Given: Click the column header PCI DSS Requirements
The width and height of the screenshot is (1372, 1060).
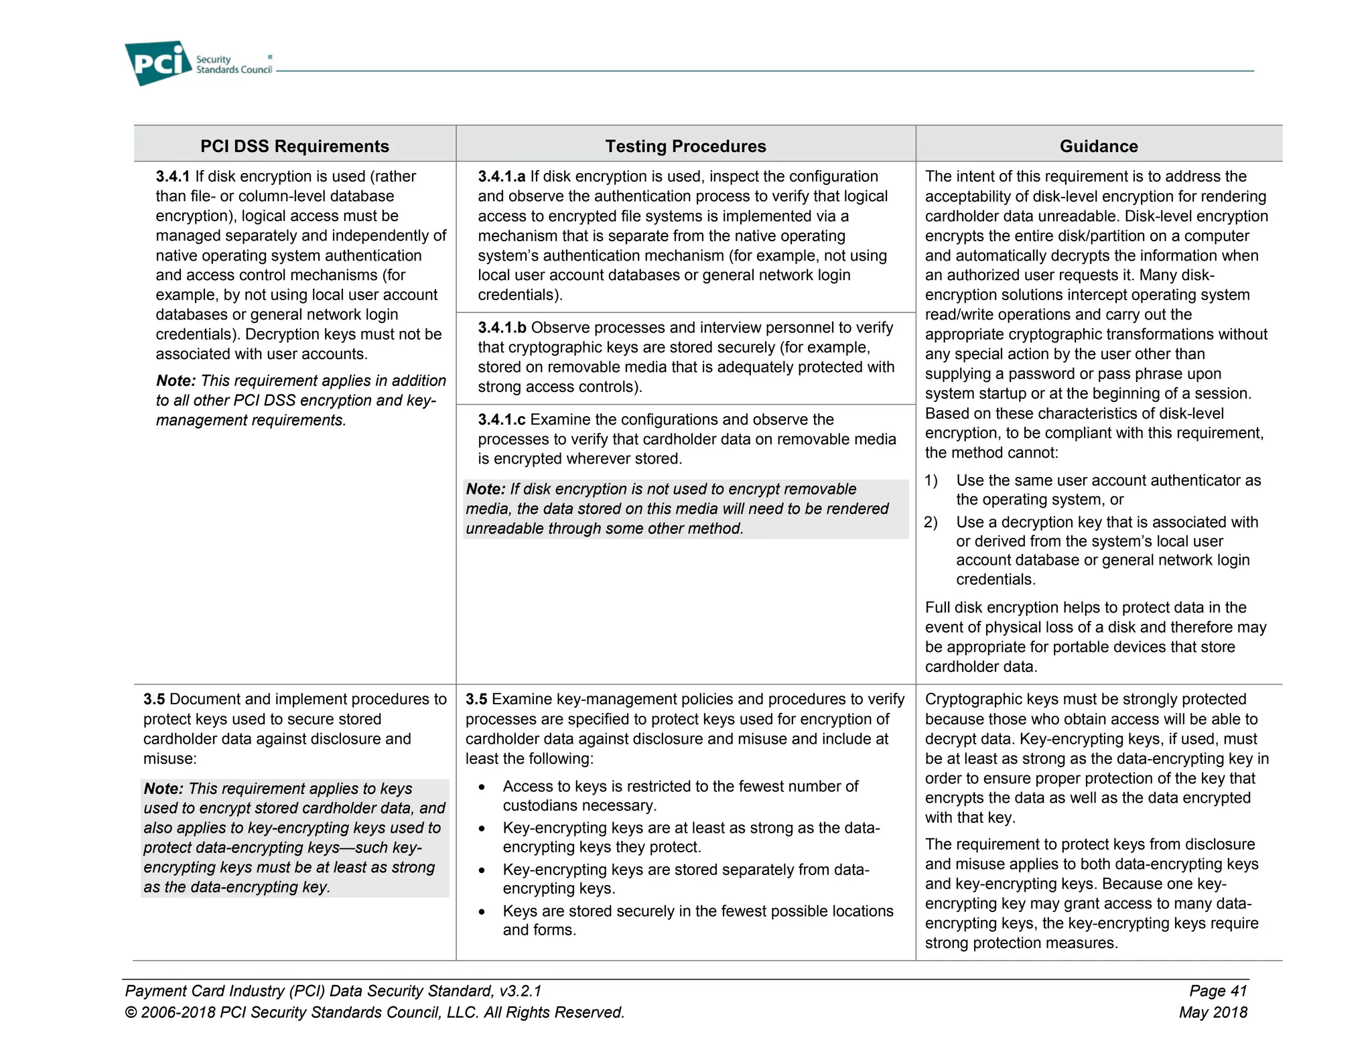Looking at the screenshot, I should [x=294, y=146].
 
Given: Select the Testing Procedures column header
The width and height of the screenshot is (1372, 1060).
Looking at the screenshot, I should [x=685, y=146].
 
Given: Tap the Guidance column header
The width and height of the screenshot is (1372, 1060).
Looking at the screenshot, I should [x=1098, y=146].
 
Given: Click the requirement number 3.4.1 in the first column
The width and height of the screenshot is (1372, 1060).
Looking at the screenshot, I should [x=173, y=176].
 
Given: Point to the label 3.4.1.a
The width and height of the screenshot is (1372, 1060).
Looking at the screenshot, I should [x=501, y=176].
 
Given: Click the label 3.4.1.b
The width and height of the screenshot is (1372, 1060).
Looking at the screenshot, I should [x=502, y=328].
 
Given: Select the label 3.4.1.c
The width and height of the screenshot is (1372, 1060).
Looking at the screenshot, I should [x=501, y=419].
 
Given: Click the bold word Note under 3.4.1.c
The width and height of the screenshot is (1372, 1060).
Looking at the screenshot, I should [x=485, y=489].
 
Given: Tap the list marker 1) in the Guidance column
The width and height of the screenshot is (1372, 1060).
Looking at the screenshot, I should [x=931, y=480].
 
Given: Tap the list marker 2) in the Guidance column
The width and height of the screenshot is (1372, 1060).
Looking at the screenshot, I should [x=931, y=522].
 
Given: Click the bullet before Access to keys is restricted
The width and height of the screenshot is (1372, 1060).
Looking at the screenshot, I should [x=482, y=787].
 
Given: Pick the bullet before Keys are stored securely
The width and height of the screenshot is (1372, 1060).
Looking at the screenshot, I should [x=482, y=912].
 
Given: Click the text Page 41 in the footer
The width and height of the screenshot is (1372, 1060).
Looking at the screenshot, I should [x=1217, y=991].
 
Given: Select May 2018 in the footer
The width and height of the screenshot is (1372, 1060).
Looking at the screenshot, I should [x=1213, y=1012].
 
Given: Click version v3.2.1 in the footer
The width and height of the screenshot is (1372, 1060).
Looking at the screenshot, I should [x=520, y=991].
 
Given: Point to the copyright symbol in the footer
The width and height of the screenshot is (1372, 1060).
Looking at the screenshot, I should [x=131, y=1012].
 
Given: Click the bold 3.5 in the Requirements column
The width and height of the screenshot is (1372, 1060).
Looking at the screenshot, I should [x=154, y=700].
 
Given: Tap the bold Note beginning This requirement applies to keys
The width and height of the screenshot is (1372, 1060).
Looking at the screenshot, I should [x=163, y=789].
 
